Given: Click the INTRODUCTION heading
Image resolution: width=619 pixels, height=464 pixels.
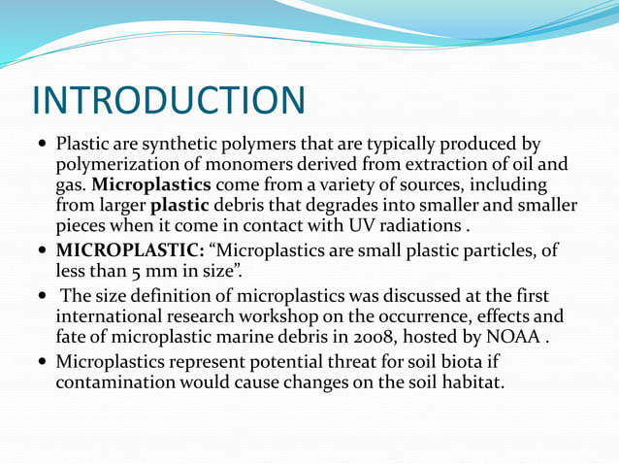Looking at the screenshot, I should click(169, 100).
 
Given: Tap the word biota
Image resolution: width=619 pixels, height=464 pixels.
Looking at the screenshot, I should click(455, 362).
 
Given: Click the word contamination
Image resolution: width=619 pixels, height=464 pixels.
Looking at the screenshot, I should click(118, 382).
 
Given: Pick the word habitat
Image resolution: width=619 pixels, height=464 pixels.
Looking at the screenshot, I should click(470, 382).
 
